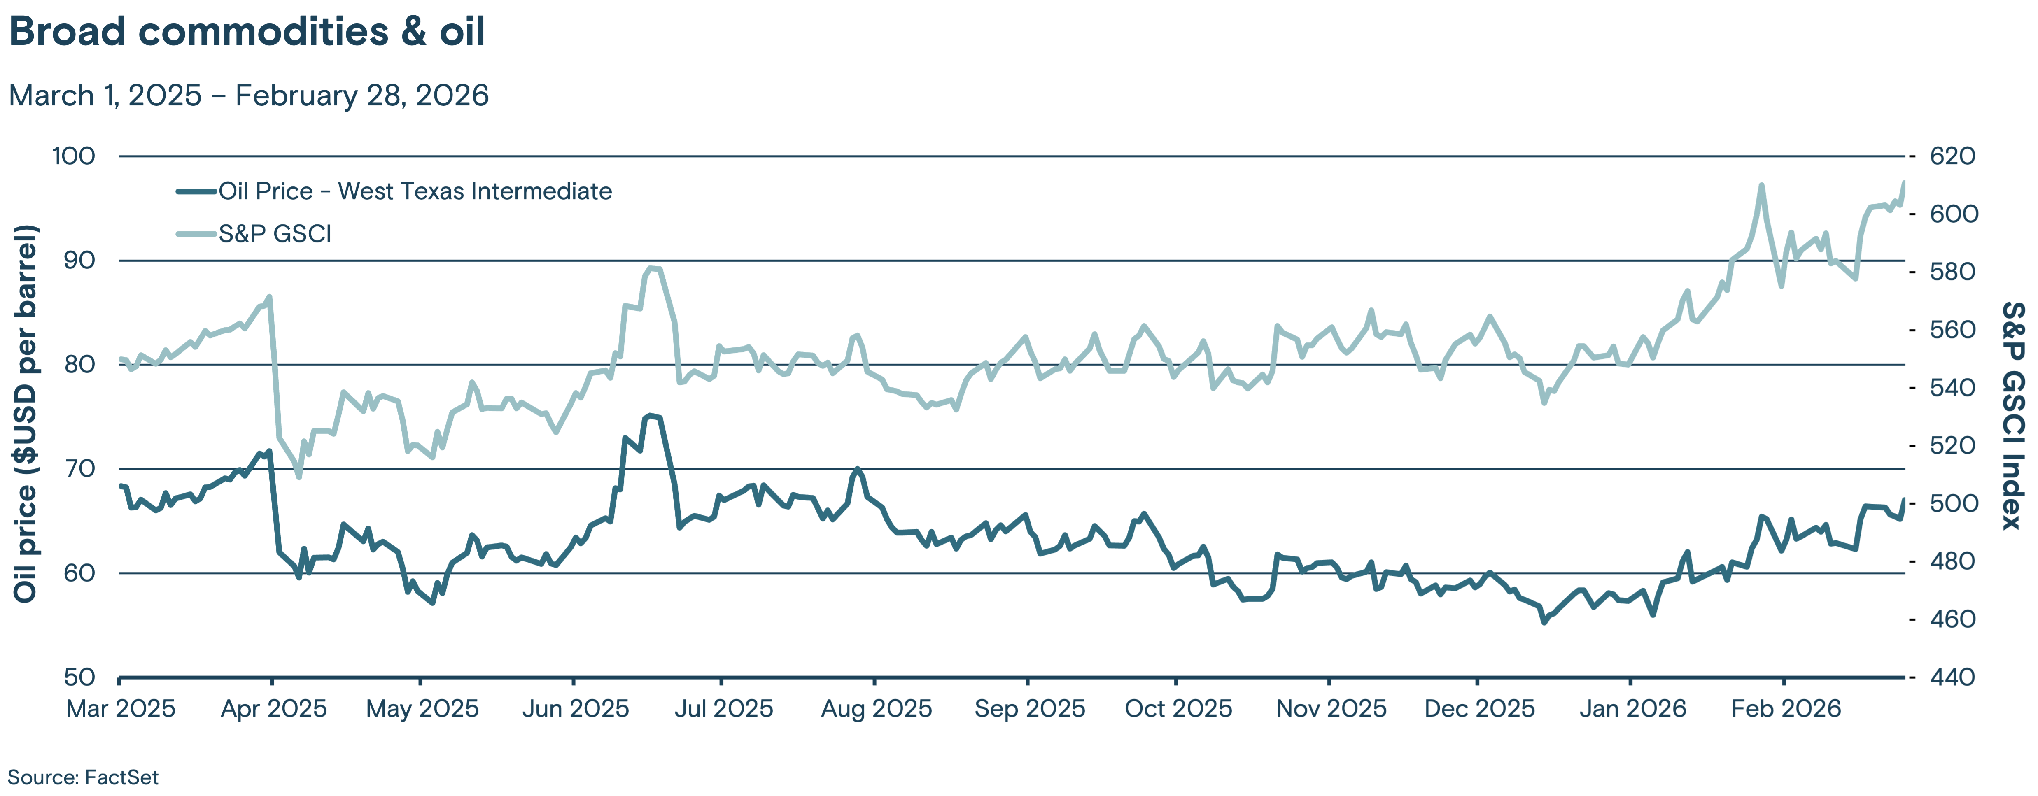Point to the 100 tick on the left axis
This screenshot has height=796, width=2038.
coord(74,156)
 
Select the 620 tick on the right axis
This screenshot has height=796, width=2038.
coord(1952,156)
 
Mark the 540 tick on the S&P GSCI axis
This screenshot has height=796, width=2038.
coord(1952,388)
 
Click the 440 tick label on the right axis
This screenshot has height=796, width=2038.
coord(1952,677)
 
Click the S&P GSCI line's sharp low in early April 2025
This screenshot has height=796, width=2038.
coord(298,476)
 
